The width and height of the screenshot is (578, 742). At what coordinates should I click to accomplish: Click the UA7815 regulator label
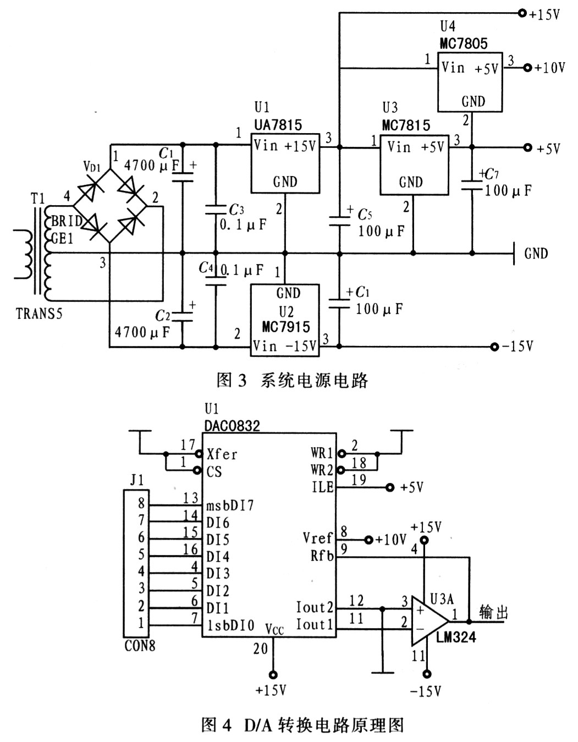pyautogui.click(x=278, y=125)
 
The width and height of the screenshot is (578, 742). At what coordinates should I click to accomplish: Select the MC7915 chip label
pyautogui.click(x=286, y=327)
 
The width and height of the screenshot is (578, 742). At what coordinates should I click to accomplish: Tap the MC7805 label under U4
pyautogui.click(x=464, y=43)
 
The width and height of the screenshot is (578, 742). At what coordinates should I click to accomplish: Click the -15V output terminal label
pyautogui.click(x=518, y=347)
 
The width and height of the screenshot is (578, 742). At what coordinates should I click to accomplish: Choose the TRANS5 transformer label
pyautogui.click(x=40, y=314)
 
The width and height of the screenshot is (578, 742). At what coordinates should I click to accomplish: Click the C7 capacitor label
pyautogui.click(x=489, y=174)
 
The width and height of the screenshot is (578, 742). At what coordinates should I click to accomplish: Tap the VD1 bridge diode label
pyautogui.click(x=92, y=166)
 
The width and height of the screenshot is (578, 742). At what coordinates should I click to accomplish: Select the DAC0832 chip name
pyautogui.click(x=232, y=425)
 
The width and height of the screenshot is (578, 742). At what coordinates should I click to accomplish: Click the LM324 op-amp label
pyautogui.click(x=456, y=637)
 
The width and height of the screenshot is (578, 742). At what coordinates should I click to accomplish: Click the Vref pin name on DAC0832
pyautogui.click(x=318, y=538)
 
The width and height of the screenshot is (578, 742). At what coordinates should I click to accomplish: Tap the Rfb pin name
pyautogui.click(x=322, y=556)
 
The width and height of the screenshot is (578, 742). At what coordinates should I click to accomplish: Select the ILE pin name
pyautogui.click(x=323, y=487)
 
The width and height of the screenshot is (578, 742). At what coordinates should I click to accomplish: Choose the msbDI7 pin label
pyautogui.click(x=230, y=505)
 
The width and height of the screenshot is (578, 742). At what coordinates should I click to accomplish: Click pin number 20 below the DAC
pyautogui.click(x=260, y=649)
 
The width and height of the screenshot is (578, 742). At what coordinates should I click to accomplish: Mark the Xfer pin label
pyautogui.click(x=222, y=454)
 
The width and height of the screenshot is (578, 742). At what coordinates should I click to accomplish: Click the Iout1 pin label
pyautogui.click(x=315, y=624)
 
